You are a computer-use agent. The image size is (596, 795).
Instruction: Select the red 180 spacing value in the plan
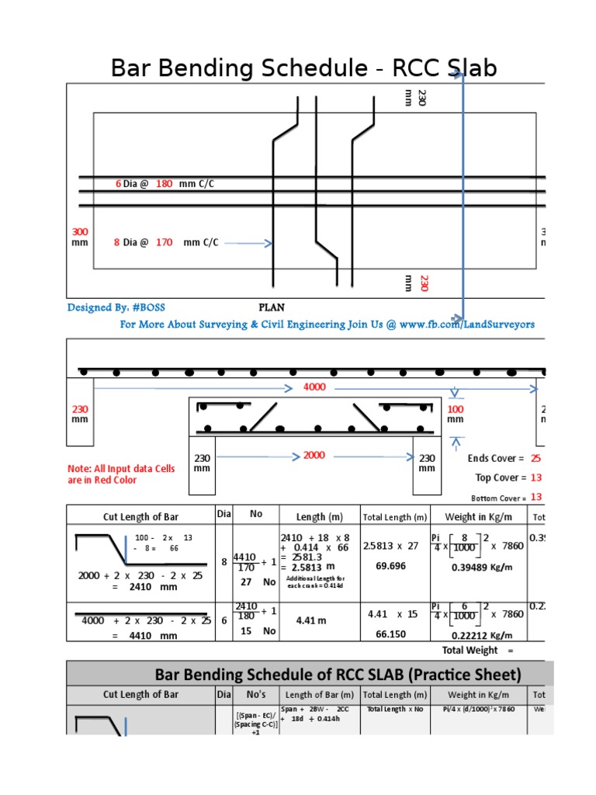164,184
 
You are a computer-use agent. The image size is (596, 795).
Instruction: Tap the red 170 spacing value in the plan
164,242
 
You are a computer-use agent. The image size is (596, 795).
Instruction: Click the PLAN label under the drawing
272,307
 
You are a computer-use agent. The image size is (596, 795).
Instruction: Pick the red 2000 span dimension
314,455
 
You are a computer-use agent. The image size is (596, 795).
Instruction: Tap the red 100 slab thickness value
455,409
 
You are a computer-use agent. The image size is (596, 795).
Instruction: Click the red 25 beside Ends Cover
535,459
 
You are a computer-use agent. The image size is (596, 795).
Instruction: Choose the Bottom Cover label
498,498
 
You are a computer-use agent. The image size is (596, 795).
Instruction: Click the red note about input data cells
121,474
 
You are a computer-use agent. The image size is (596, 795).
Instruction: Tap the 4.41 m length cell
314,621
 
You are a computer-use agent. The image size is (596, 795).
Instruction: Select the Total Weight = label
477,650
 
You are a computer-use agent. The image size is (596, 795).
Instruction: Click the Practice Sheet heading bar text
338,673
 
